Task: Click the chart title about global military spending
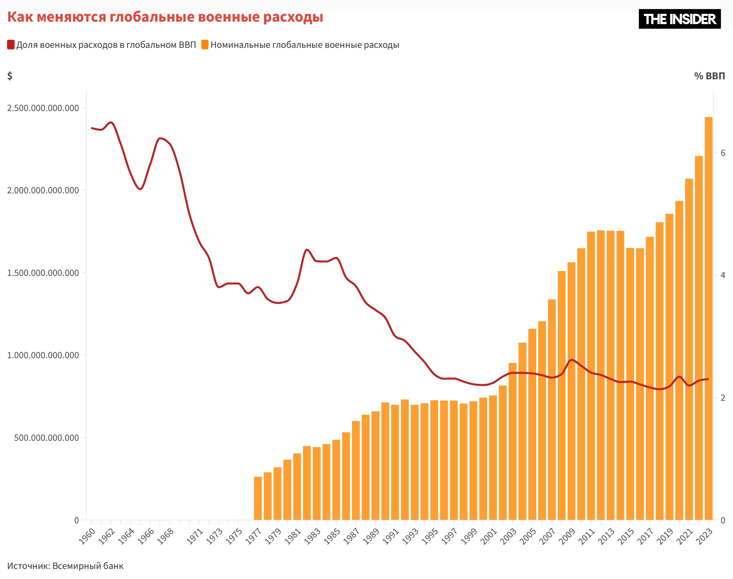[165, 17]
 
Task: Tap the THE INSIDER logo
[679, 19]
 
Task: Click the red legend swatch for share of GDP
[11, 45]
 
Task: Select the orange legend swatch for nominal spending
[205, 45]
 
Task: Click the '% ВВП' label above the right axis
[709, 76]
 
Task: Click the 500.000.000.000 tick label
[46, 438]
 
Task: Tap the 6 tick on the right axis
[723, 153]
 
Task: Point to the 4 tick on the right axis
[723, 275]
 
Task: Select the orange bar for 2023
[708, 319]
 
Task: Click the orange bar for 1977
[258, 498]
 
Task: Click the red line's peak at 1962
[111, 122]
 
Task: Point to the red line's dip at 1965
[140, 189]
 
